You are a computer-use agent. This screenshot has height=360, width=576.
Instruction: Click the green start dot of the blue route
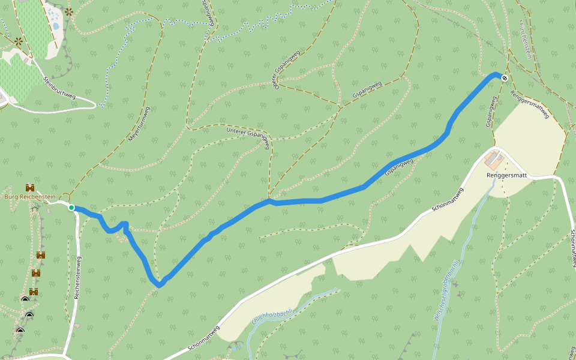coord(71,208)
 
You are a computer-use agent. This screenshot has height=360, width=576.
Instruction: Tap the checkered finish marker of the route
coord(505,77)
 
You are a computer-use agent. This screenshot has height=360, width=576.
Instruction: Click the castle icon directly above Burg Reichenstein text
coord(29,188)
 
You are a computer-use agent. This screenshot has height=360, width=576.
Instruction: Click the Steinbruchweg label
coord(59,88)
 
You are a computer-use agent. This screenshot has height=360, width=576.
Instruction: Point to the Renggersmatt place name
coord(507,175)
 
